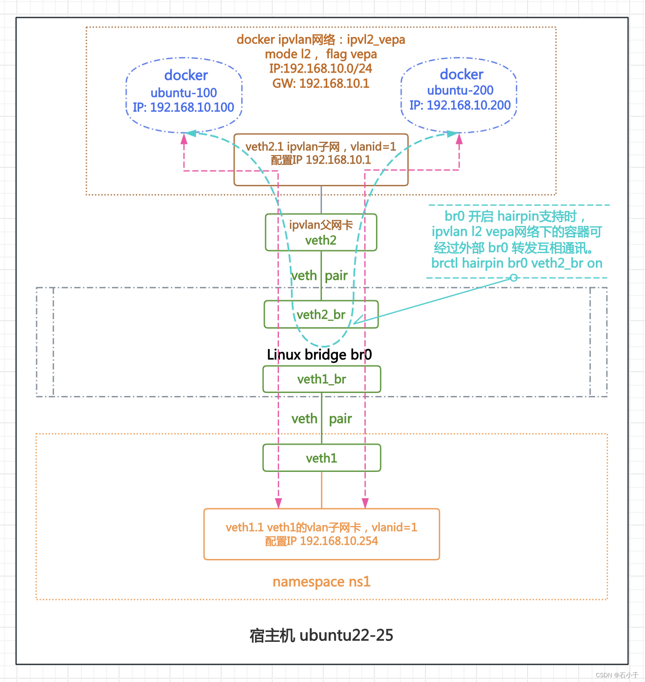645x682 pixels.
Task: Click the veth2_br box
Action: (x=321, y=315)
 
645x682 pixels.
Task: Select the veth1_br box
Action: (x=321, y=379)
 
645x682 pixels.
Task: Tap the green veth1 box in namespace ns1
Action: (x=321, y=458)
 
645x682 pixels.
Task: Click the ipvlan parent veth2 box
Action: (x=321, y=232)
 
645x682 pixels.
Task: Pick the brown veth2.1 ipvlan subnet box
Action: (x=321, y=159)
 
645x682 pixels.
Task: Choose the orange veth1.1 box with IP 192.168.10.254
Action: (x=321, y=534)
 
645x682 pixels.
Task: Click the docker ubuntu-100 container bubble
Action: (x=184, y=95)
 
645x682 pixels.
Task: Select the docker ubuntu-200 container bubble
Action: (x=459, y=95)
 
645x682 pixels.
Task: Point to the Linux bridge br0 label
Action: (x=319, y=355)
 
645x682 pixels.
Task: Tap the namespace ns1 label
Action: (x=321, y=582)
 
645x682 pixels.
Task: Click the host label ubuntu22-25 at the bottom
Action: (x=321, y=635)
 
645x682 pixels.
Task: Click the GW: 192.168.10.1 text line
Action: (x=321, y=83)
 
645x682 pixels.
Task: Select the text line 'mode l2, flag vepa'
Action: (x=321, y=54)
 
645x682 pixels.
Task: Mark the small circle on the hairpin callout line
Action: (x=514, y=278)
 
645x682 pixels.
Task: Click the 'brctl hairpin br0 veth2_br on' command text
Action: (x=516, y=263)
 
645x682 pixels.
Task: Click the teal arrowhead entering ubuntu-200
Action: (x=452, y=134)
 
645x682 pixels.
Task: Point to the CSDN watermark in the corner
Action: (x=616, y=675)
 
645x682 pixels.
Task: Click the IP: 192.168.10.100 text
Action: (x=183, y=107)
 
